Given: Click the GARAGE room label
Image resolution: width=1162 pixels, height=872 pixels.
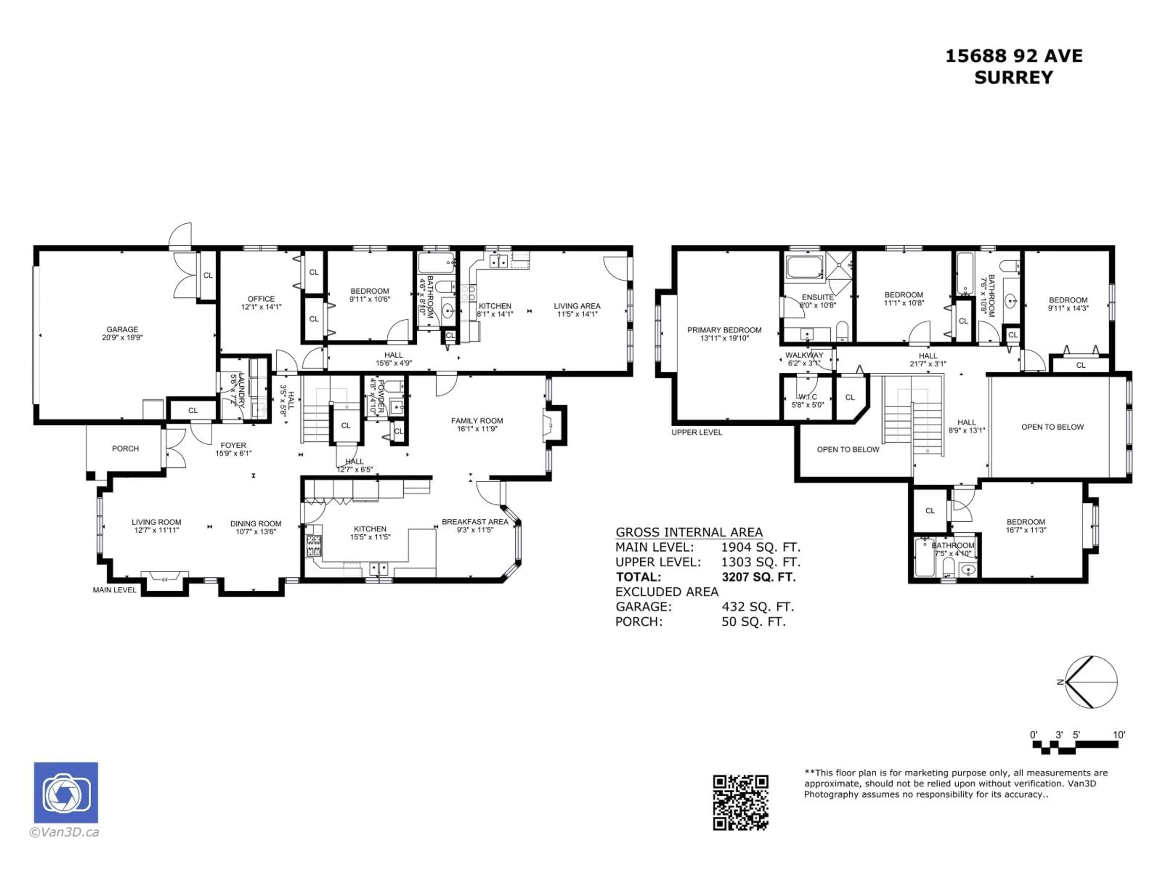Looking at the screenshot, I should coord(122,329).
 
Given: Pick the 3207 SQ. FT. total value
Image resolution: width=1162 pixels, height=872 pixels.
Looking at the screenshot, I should coord(759,576).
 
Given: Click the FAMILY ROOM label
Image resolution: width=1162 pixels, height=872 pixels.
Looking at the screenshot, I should coord(477,421).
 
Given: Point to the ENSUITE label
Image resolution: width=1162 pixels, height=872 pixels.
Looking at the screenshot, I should coord(817,297).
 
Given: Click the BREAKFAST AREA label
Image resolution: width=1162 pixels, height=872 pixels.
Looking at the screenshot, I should coord(474,521).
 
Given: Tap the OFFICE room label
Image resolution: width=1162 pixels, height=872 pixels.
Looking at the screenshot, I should coord(261,299).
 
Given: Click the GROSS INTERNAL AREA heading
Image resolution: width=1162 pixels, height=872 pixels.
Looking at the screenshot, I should coord(689,532).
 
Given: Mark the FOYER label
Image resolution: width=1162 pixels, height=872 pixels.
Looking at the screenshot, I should coord(233,445).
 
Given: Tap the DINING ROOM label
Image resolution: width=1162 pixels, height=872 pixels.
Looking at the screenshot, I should coord(255,524).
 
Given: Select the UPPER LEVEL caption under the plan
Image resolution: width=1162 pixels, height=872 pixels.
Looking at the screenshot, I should coord(697,432).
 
